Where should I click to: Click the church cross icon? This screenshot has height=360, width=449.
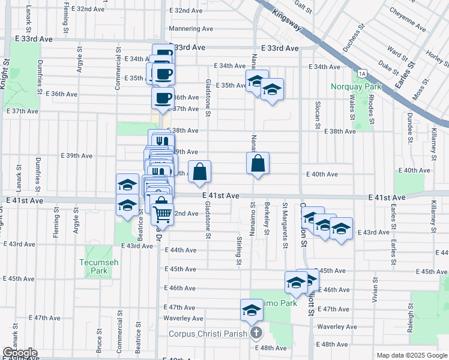coord(256,332)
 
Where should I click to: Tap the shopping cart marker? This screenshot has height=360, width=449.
coord(162,214)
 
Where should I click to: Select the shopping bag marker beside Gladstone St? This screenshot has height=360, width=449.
coord(200,171)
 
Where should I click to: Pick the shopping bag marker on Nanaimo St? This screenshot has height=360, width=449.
coord(258,163)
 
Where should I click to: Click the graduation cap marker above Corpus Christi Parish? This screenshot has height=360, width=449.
coord(252,310)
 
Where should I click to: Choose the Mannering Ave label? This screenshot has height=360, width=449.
coord(191,28)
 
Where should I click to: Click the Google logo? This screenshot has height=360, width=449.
coord(20,353)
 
